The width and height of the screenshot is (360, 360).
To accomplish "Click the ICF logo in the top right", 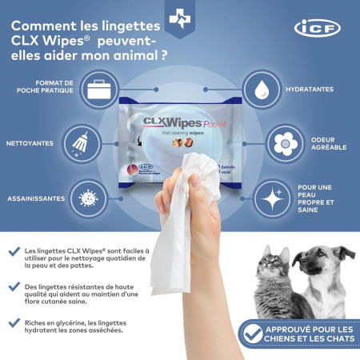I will tap(317, 28).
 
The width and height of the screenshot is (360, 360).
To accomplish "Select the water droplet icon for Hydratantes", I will tap(259, 89).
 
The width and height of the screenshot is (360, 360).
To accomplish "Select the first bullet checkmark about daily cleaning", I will tap(14, 251).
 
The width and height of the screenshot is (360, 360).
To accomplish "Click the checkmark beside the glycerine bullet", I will tap(14, 322).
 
